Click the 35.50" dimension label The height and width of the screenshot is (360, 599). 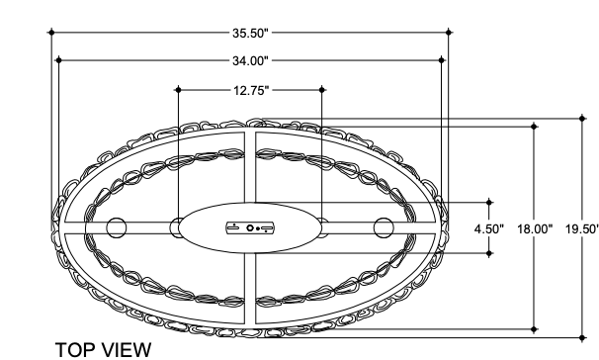[251, 33]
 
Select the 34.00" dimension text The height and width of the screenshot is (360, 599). [251, 60]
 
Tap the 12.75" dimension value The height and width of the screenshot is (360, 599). [251, 91]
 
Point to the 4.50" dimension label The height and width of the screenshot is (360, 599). [489, 229]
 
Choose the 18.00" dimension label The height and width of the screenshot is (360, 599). [535, 229]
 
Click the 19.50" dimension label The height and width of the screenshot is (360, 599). [582, 229]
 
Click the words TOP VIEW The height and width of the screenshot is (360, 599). [103, 350]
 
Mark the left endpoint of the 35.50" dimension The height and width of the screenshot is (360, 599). [52, 33]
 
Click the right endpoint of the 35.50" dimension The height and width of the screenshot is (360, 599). [449, 33]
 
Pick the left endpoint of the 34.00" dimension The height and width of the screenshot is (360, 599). [58, 60]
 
